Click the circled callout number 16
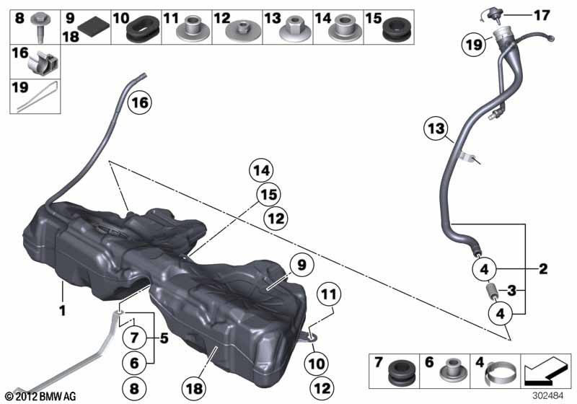pyautogui.click(x=140, y=102)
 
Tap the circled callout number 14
pyautogui.click(x=261, y=171)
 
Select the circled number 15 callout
pyautogui.click(x=268, y=195)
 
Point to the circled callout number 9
pyautogui.click(x=301, y=265)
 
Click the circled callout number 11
pyautogui.click(x=329, y=294)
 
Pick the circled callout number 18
pyautogui.click(x=194, y=389)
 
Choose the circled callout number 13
pyautogui.click(x=436, y=129)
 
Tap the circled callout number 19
pyautogui.click(x=474, y=45)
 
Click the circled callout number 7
pyautogui.click(x=134, y=338)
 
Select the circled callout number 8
pyautogui.click(x=134, y=389)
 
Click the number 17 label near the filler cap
pyautogui.click(x=542, y=15)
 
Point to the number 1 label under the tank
pyautogui.click(x=63, y=310)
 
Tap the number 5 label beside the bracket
pyautogui.click(x=164, y=338)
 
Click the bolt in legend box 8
pyautogui.click(x=38, y=27)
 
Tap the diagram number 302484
pyautogui.click(x=548, y=396)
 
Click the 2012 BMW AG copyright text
pyautogui.click(x=41, y=396)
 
